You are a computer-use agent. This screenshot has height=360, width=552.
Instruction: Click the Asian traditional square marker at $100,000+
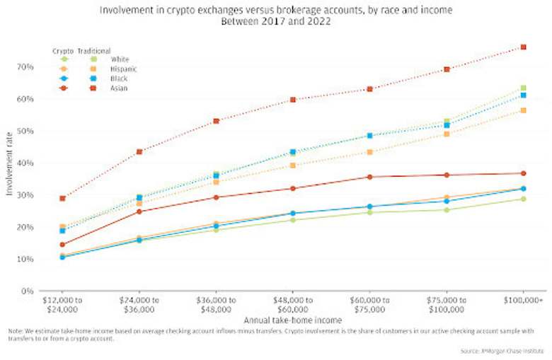[523, 47]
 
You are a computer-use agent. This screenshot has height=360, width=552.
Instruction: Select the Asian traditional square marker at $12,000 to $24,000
[63, 198]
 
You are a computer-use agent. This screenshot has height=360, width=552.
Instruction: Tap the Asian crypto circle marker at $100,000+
[523, 173]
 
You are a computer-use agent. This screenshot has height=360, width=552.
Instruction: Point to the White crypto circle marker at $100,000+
[523, 199]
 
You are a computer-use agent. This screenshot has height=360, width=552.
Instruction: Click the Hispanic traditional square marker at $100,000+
[523, 110]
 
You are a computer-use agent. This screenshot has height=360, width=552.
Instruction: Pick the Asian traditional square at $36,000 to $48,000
[216, 121]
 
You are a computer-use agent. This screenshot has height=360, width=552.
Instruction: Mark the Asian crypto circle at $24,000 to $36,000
[139, 211]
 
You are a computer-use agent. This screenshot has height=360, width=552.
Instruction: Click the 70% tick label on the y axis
[26, 66]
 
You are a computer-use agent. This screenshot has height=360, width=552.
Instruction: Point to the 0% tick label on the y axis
[28, 291]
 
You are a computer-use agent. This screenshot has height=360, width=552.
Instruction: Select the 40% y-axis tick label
[26, 163]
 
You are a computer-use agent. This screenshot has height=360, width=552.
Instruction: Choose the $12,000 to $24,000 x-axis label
[63, 305]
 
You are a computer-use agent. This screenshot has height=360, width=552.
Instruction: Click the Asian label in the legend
[118, 88]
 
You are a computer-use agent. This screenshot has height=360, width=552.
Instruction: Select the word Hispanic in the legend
[124, 69]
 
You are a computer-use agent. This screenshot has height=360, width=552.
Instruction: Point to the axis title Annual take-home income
[283, 320]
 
